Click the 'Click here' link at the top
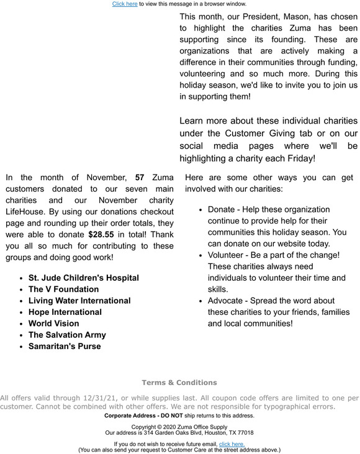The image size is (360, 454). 125,4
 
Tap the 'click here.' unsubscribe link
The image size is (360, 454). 232,444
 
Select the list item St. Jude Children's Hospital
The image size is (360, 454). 83,278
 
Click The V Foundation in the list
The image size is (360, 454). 63,289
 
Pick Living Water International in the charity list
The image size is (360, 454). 79,301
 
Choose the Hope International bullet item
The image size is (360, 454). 65,312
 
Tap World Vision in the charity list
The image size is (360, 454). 53,324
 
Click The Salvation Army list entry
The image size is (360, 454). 67,335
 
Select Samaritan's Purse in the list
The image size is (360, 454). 65,346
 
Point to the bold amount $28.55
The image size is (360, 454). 101,235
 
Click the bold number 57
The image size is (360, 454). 140,178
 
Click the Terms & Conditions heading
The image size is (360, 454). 179,383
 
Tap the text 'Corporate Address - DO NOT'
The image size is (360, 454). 143,415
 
